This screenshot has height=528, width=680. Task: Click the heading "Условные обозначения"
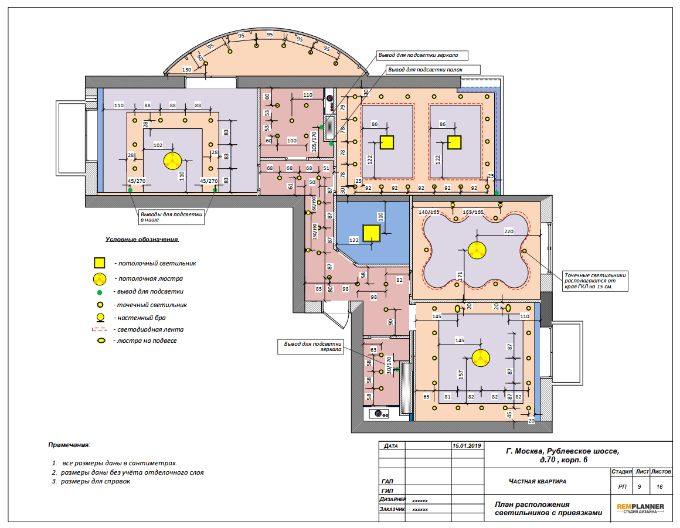pos(142,239)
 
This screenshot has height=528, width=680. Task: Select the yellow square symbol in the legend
pos(99,263)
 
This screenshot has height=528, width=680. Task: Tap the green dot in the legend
pos(100,292)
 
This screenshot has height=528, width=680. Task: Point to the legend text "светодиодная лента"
pos(150,329)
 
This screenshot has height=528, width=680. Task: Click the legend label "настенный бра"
pos(141,318)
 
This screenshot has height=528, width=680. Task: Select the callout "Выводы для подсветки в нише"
pos(171,217)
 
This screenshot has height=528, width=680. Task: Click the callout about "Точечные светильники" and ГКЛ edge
pos(595,281)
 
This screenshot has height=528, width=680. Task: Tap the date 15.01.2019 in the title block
pos(467,445)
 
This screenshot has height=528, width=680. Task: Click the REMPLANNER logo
pos(640,508)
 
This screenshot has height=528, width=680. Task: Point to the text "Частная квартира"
pos(538,481)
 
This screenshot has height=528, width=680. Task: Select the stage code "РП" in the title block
pos(623,487)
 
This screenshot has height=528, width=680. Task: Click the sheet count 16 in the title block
pos(659,487)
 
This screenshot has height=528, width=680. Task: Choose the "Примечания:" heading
pos(69,445)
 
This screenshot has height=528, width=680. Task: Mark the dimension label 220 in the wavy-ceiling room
pos(509,231)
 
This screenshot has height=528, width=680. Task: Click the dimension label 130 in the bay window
pos(187,69)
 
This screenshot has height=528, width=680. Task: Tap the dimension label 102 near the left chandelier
pos(158,145)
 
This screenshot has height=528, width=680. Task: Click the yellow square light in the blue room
pos(372,233)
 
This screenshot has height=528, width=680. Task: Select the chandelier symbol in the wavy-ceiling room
pos(477,250)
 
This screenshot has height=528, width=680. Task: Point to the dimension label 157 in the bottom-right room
pos(461,374)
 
